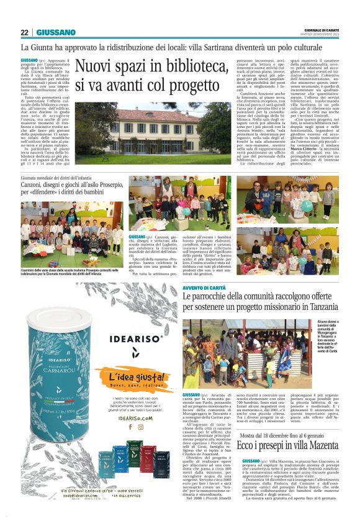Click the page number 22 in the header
pyautogui.click(x=24, y=32)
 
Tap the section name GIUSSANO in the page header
pyautogui.click(x=56, y=32)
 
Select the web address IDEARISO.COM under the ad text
pyautogui.click(x=135, y=418)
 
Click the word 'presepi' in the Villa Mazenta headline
pyautogui.click(x=233, y=462)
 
